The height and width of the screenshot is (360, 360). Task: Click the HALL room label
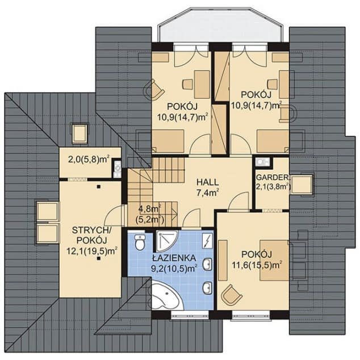208,182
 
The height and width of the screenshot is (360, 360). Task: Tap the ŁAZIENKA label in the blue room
174,258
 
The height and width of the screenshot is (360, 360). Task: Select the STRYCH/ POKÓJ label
91,235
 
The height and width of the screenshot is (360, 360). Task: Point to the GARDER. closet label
273,177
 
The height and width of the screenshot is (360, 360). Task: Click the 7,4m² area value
208,192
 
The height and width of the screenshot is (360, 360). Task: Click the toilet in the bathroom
139,242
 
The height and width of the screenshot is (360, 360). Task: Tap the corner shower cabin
166,240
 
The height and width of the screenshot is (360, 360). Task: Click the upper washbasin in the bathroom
207,263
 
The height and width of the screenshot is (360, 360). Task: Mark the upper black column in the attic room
98,187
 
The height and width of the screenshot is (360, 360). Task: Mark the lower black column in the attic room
98,259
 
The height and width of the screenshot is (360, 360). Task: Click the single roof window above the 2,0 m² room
80,134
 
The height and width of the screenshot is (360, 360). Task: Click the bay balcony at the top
220,26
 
